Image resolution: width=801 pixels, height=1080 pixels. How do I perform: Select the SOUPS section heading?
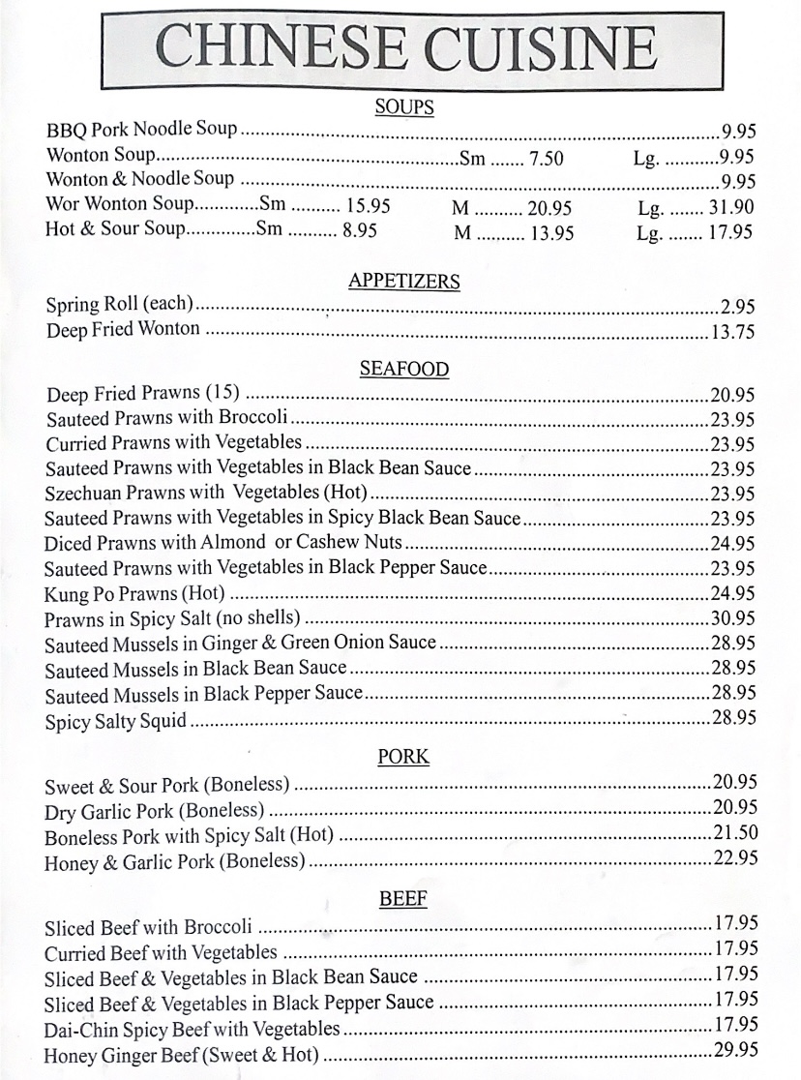[x=403, y=107]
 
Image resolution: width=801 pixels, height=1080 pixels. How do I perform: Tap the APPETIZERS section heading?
[x=403, y=282]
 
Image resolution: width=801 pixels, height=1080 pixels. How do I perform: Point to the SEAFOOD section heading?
[x=403, y=369]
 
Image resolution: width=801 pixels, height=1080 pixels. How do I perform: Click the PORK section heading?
[x=403, y=758]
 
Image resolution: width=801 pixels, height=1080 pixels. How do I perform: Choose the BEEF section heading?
[x=403, y=899]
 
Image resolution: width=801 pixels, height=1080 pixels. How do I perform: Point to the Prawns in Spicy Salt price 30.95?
[x=733, y=617]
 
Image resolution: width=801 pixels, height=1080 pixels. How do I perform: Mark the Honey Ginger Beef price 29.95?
[x=735, y=1051]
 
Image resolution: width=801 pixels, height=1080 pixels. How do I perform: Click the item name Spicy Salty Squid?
[x=116, y=721]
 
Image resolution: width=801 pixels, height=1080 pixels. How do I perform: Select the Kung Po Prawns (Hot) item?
[x=134, y=593]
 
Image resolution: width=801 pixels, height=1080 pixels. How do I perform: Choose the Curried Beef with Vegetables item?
[x=161, y=953]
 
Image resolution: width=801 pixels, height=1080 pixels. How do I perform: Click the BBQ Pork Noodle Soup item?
[x=141, y=130]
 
